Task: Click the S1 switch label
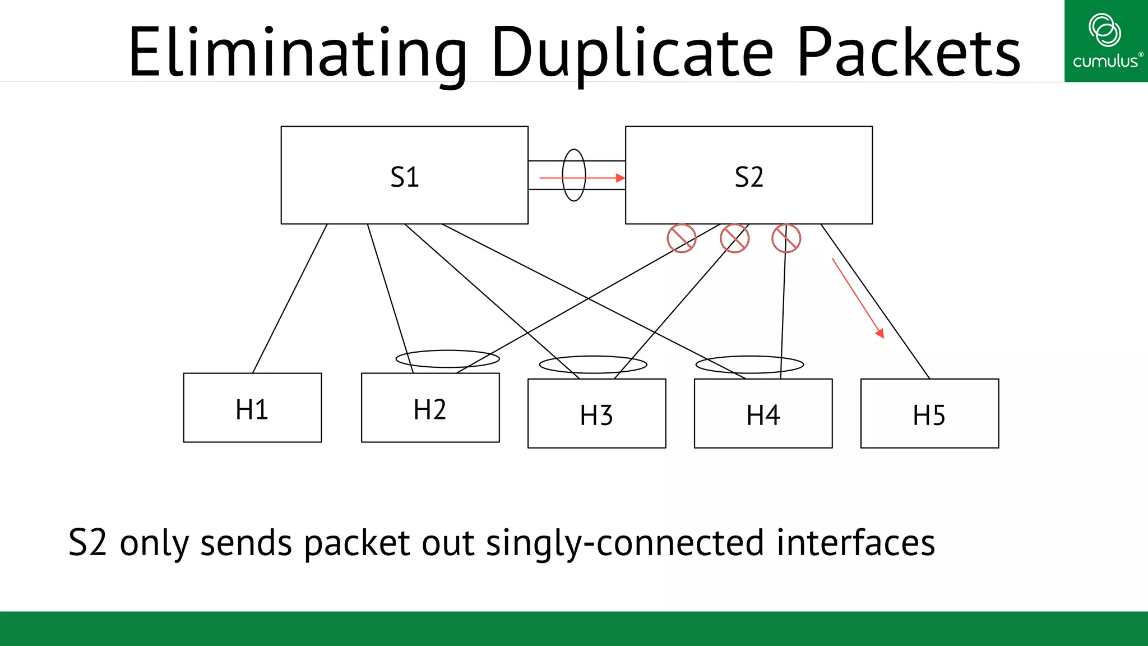[x=404, y=177]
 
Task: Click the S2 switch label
[x=749, y=177]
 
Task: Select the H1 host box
[x=252, y=408]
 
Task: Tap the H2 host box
[x=430, y=408]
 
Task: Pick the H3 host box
[x=596, y=414]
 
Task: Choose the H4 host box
[x=763, y=414]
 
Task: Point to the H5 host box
[x=929, y=414]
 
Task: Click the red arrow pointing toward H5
[x=858, y=298]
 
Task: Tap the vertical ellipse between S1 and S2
[x=574, y=175]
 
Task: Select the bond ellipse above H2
[x=447, y=359]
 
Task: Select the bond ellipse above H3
[x=593, y=364]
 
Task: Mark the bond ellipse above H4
[x=749, y=364]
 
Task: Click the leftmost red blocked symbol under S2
[x=682, y=238]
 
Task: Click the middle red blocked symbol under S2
[x=734, y=238]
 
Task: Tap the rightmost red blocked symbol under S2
[x=786, y=238]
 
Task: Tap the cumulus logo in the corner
[x=1105, y=41]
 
